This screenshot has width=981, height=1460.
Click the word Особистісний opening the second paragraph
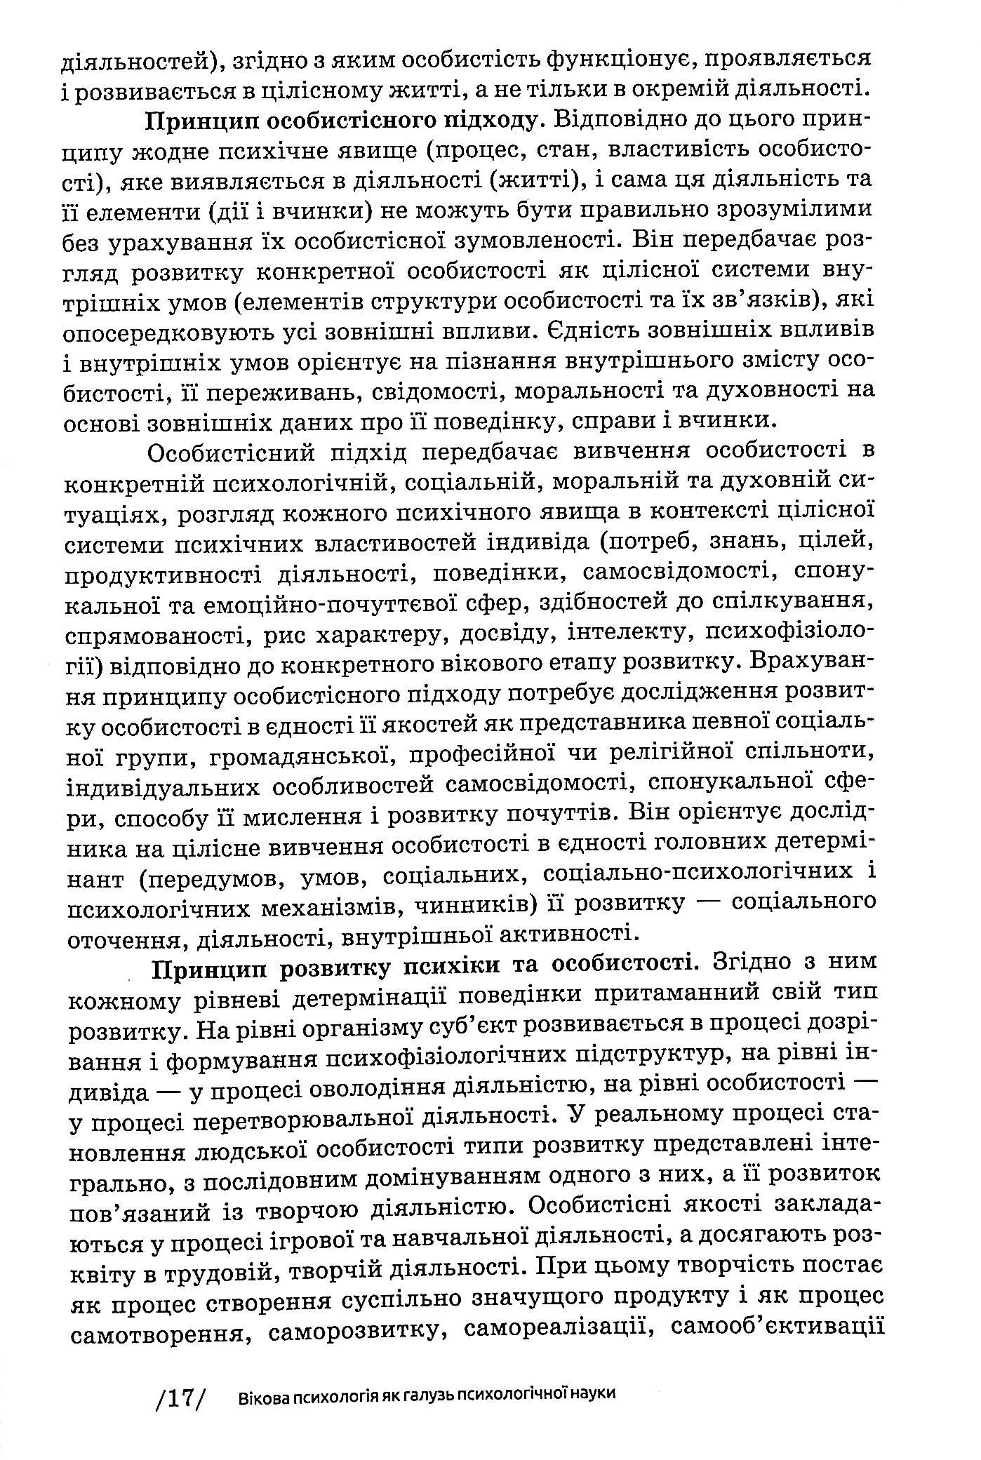tap(232, 453)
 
